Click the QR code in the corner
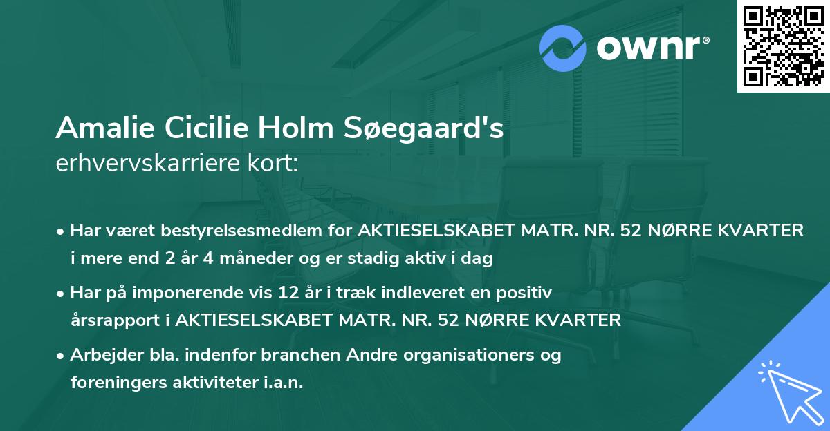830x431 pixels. click(x=783, y=46)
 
